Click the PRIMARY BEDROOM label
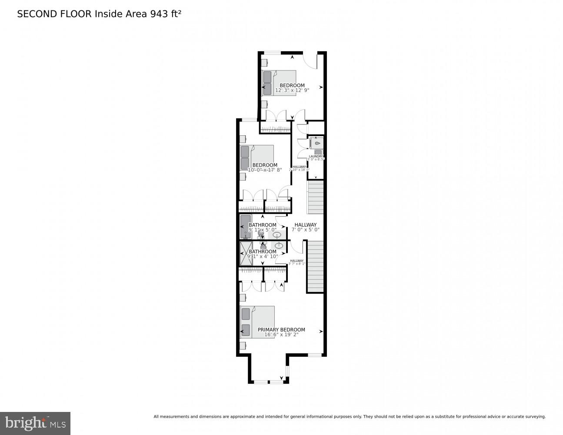(x=281, y=330)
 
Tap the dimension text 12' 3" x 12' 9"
(x=292, y=90)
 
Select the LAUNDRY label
(x=316, y=156)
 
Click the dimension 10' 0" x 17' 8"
(x=265, y=170)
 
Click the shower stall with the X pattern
(x=246, y=254)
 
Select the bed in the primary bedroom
(x=257, y=322)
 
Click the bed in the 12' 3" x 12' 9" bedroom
(x=278, y=83)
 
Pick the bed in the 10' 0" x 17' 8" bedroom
(x=257, y=157)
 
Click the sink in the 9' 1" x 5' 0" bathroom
(x=277, y=235)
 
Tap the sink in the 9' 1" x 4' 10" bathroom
(x=279, y=246)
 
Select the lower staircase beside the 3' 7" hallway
(x=316, y=266)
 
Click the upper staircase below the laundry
(x=316, y=197)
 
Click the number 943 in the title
(x=159, y=14)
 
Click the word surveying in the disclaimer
(x=534, y=417)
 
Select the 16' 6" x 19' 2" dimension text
(x=281, y=335)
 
